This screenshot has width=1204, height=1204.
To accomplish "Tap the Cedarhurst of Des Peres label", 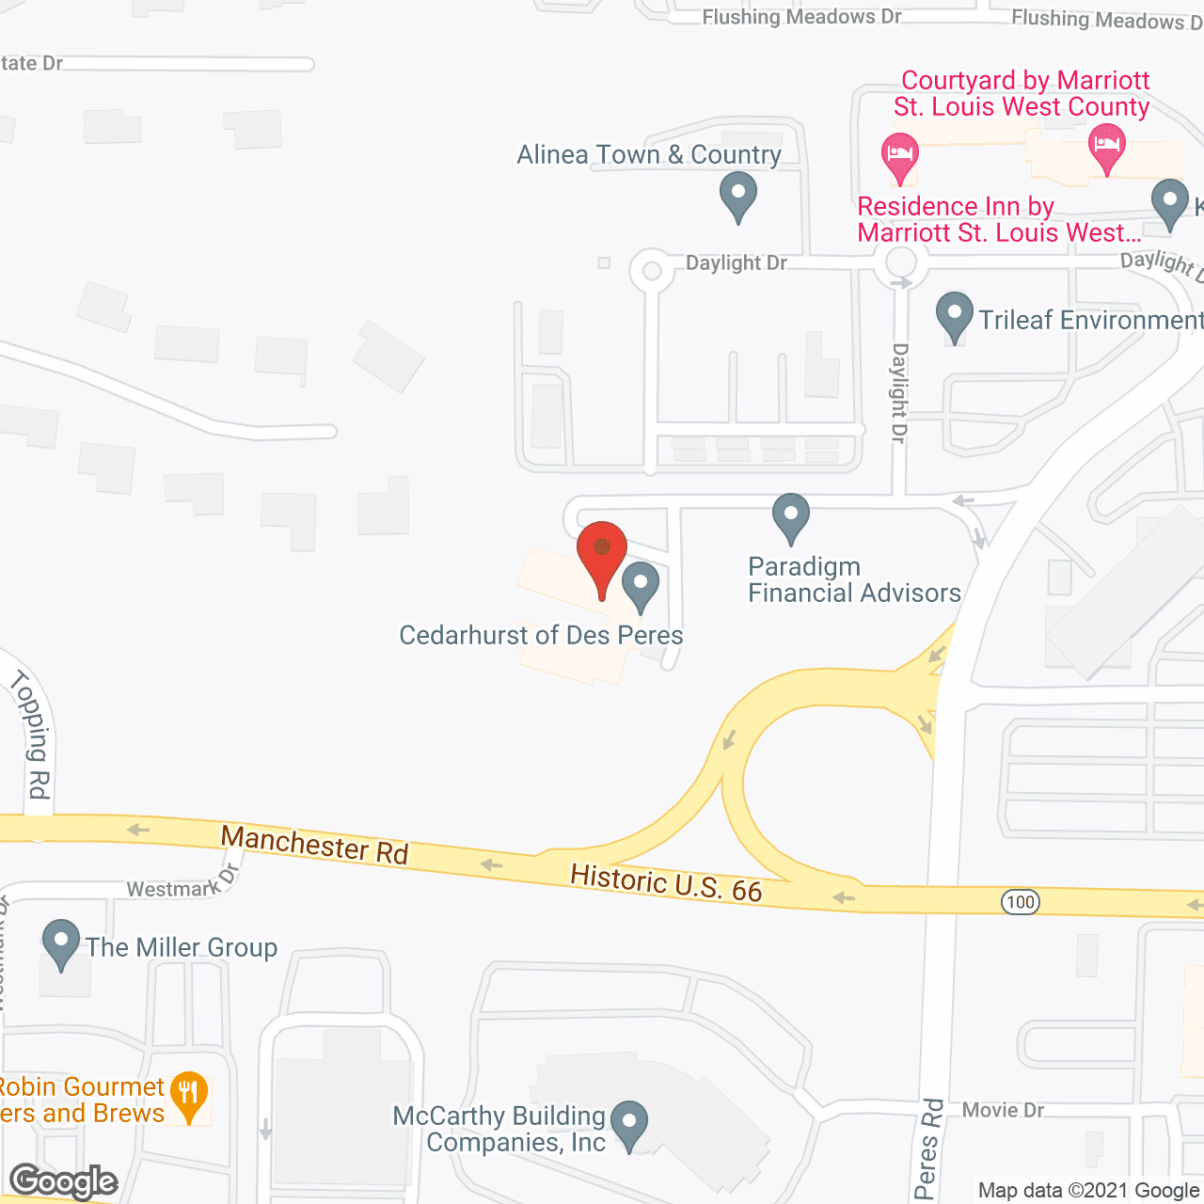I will coord(541,636).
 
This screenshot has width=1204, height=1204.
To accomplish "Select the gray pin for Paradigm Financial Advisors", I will coord(791,516).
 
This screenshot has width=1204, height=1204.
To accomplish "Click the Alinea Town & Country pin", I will coord(738,198).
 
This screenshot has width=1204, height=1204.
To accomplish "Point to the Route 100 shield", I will coord(1020,902).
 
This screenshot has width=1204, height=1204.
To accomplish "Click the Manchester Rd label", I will coord(314,844).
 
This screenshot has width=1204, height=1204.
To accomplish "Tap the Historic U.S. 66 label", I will coord(666,883).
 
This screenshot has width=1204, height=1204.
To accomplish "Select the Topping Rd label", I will coord(32,734).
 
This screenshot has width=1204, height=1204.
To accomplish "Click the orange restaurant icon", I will coord(189,1096).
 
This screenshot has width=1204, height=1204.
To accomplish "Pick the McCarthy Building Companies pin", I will coord(629,1124).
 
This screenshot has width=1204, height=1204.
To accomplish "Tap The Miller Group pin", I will coord(61,943).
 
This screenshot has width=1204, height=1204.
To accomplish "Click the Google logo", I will coord(63,1180).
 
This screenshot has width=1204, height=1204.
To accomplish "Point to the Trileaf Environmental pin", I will coord(955,315).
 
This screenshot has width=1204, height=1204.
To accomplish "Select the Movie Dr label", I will coord(1003,1110).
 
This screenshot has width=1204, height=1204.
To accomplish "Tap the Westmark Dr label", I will coord(183,885).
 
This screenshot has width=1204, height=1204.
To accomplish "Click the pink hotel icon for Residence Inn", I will coord(899,155).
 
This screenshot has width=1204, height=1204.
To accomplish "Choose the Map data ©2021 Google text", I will coord(1088,1190).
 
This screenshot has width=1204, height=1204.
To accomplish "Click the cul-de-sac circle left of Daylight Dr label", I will coord(651,272).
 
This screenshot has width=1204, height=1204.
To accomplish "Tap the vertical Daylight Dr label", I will coord(899,392).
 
